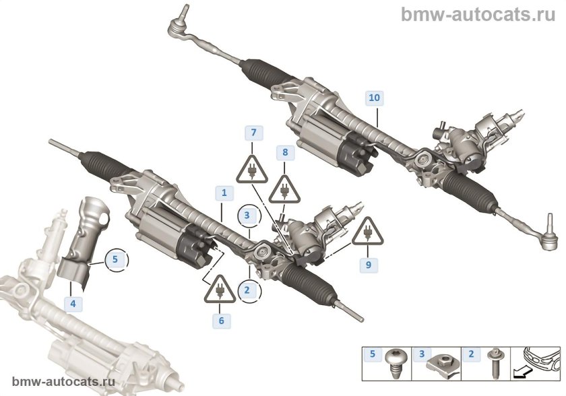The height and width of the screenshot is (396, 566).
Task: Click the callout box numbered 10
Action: [x=374, y=98]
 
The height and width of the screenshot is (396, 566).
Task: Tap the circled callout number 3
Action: [x=248, y=216]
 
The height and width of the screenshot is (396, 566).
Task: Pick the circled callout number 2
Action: [x=248, y=291]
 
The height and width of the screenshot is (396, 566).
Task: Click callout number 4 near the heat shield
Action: [x=72, y=304]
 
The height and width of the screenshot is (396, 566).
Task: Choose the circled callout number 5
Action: [x=115, y=258]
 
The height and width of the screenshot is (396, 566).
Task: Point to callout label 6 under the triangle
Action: [x=220, y=321]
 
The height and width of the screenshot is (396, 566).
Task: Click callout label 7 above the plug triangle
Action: [x=253, y=132]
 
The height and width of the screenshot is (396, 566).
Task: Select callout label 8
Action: [x=285, y=153]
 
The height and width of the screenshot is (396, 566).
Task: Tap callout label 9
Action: [x=369, y=265]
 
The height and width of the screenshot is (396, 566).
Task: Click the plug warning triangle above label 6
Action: [x=220, y=290]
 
